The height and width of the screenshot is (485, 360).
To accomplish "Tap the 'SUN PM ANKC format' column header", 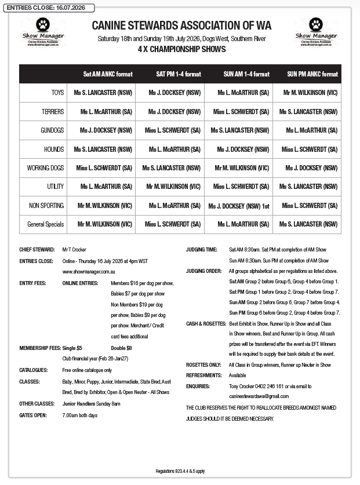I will [312, 75].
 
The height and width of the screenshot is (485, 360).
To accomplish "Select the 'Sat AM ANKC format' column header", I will [108, 75].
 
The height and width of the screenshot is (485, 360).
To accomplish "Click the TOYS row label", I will [58, 93].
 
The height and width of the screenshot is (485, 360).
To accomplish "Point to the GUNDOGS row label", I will [53, 131].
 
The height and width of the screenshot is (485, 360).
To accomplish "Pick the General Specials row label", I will [46, 224].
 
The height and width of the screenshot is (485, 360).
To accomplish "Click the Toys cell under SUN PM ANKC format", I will [310, 93].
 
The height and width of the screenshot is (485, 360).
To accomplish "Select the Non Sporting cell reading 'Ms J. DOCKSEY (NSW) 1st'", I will [239, 206].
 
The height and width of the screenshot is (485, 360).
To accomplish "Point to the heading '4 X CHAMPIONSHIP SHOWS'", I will [181, 50].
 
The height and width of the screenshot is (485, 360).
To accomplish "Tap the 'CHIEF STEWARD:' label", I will [37, 250].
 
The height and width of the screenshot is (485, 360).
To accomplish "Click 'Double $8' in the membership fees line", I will [121, 348].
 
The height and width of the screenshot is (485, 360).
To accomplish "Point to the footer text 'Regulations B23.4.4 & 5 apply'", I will [180, 471].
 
